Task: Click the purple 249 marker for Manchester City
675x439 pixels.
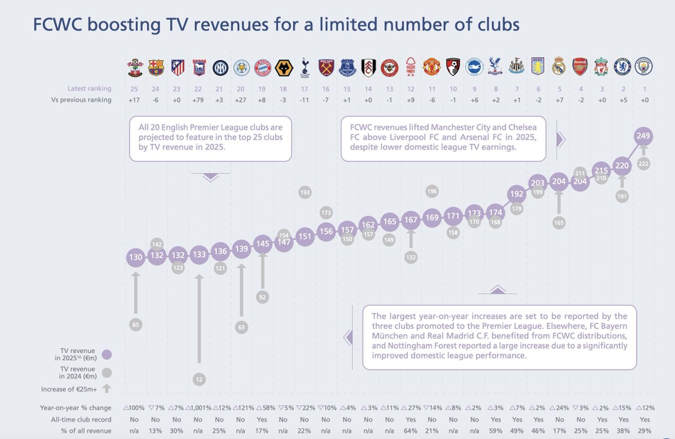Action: (643, 136)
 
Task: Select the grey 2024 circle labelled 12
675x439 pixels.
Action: (199, 379)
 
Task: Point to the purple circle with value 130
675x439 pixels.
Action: (136, 257)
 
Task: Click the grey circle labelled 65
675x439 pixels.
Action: (136, 324)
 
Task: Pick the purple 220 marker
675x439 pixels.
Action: (622, 165)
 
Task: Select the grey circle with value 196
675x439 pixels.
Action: (432, 191)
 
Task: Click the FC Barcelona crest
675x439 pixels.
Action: (156, 66)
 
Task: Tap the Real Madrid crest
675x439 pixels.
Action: (559, 66)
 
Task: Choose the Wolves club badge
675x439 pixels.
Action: (283, 66)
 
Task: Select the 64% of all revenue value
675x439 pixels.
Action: (411, 431)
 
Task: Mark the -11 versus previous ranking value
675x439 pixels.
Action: (304, 100)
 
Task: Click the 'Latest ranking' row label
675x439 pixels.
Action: (89, 88)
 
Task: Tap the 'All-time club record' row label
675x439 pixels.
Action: (83, 419)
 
